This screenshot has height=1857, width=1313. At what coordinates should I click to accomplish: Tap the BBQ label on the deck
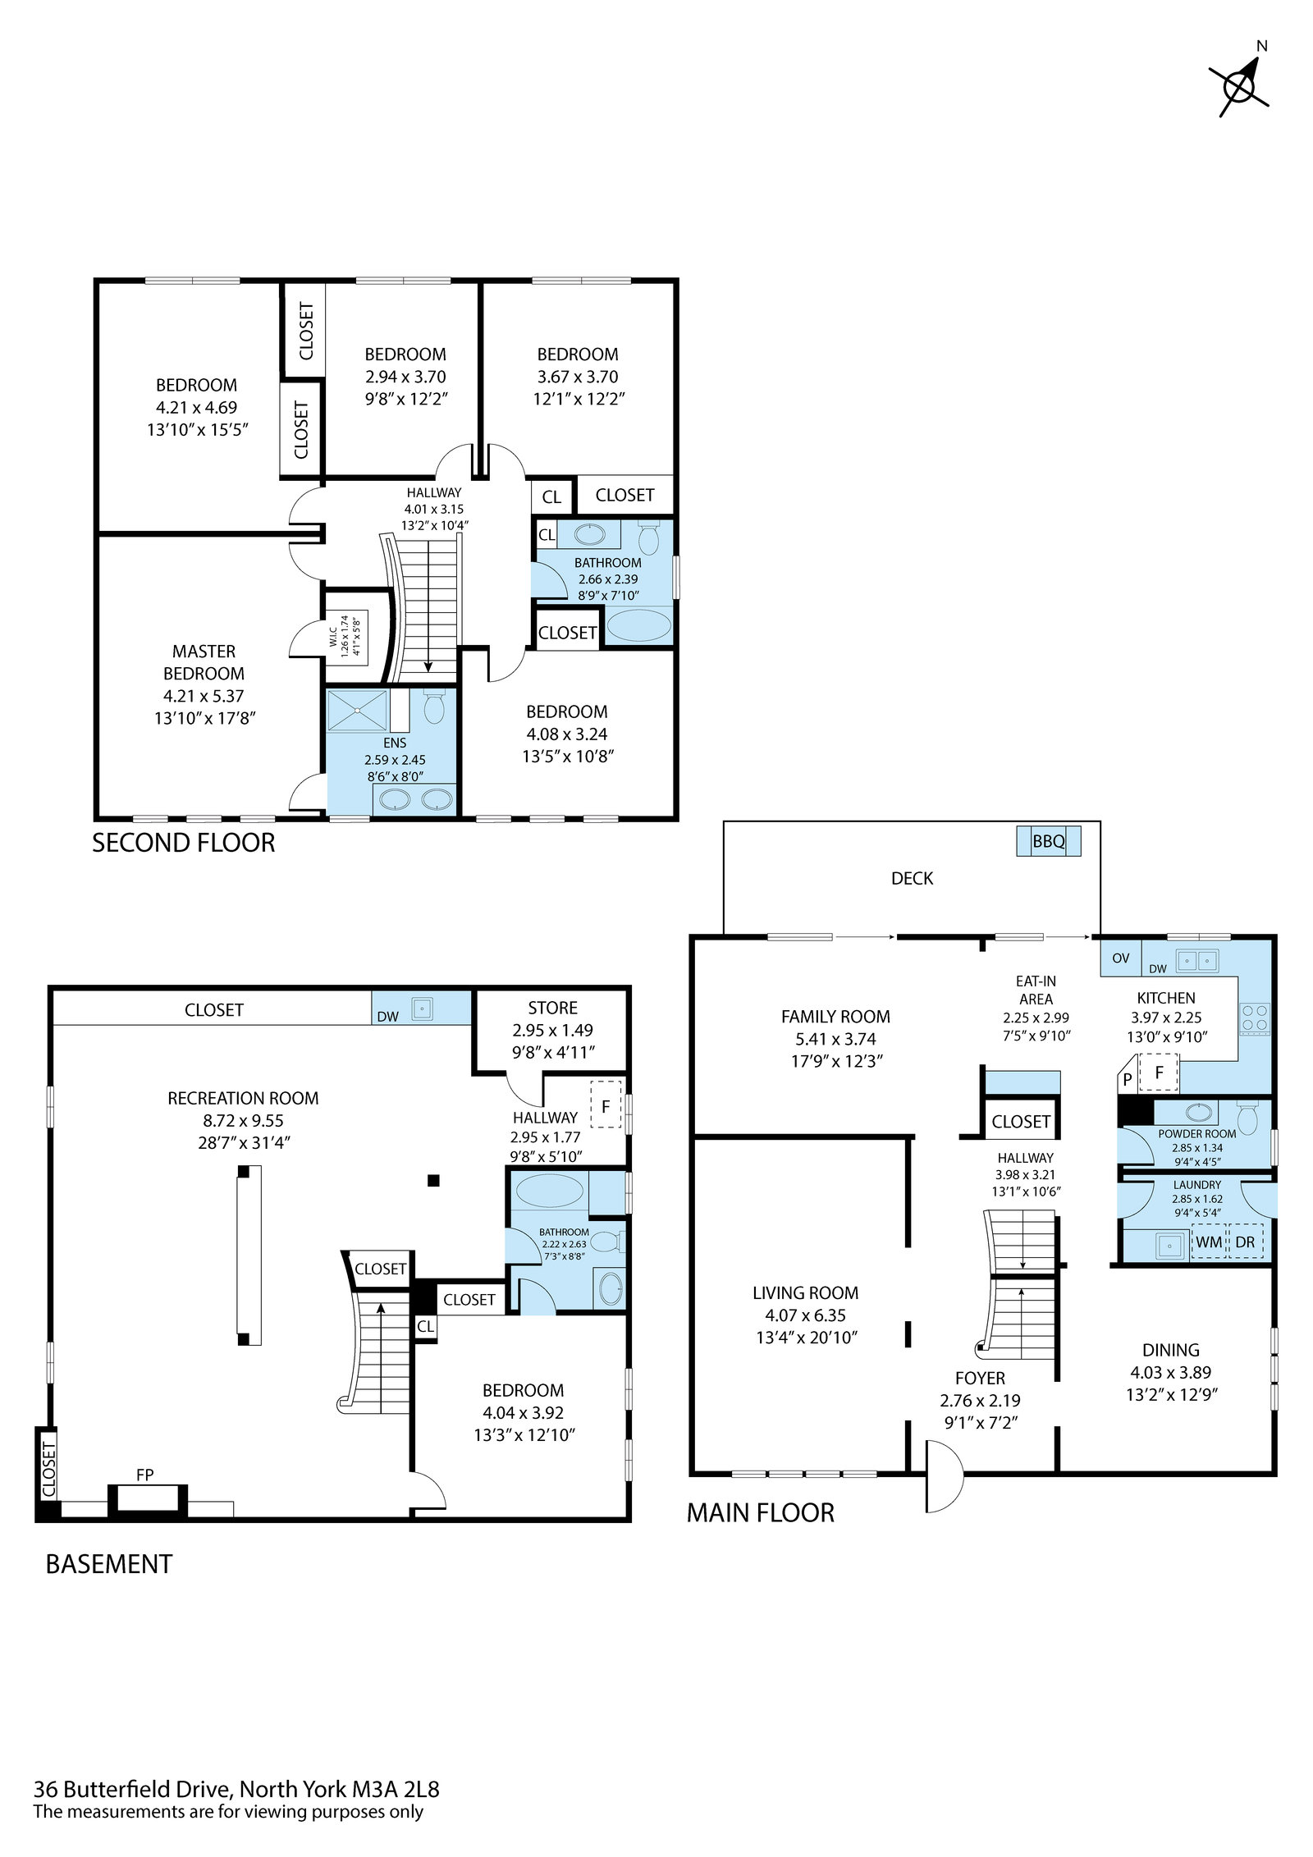(1048, 841)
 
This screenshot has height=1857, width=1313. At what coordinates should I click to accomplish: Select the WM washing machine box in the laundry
(1208, 1242)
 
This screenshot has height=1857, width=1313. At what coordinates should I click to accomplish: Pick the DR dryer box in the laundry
(1245, 1242)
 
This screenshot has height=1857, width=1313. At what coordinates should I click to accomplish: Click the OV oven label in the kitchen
(1121, 958)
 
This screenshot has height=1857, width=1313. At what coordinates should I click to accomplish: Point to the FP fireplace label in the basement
(145, 1475)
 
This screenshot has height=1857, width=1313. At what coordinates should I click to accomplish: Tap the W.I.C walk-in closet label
(332, 635)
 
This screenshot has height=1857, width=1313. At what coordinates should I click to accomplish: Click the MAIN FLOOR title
(760, 1513)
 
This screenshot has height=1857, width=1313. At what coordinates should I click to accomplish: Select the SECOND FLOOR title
(183, 843)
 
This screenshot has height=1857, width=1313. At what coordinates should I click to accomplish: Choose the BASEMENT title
(109, 1564)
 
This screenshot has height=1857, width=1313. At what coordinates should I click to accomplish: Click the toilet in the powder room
(1247, 1117)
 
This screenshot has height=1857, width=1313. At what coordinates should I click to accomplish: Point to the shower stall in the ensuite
(357, 711)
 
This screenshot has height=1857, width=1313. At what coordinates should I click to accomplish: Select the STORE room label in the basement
(552, 1008)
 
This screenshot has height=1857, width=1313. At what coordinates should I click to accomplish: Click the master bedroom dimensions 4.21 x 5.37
(204, 696)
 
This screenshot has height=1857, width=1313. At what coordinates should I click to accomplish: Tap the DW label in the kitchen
(1158, 969)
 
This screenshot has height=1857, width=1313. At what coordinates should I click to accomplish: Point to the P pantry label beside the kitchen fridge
(1128, 1080)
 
